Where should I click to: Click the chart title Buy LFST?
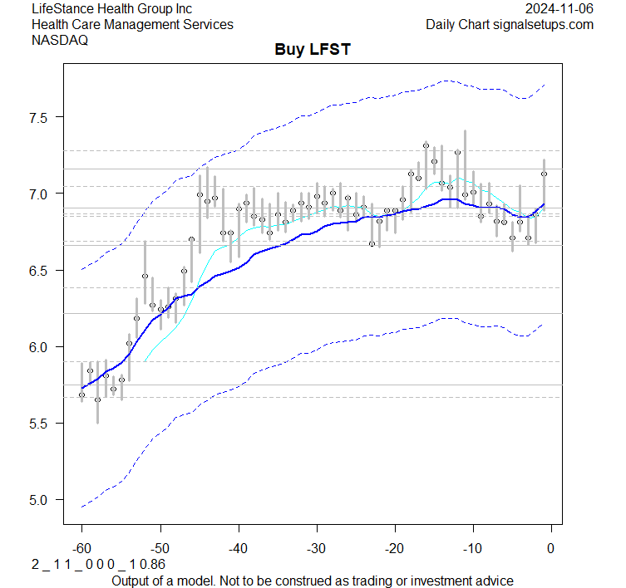coord(313,50)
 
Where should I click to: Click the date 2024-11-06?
coord(559,8)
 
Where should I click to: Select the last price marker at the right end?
coord(544,174)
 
